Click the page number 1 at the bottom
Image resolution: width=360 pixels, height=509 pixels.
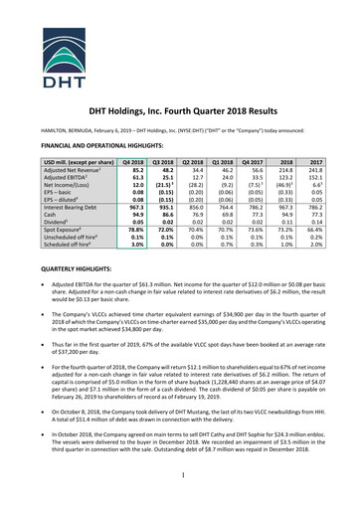(x=180, y=477)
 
